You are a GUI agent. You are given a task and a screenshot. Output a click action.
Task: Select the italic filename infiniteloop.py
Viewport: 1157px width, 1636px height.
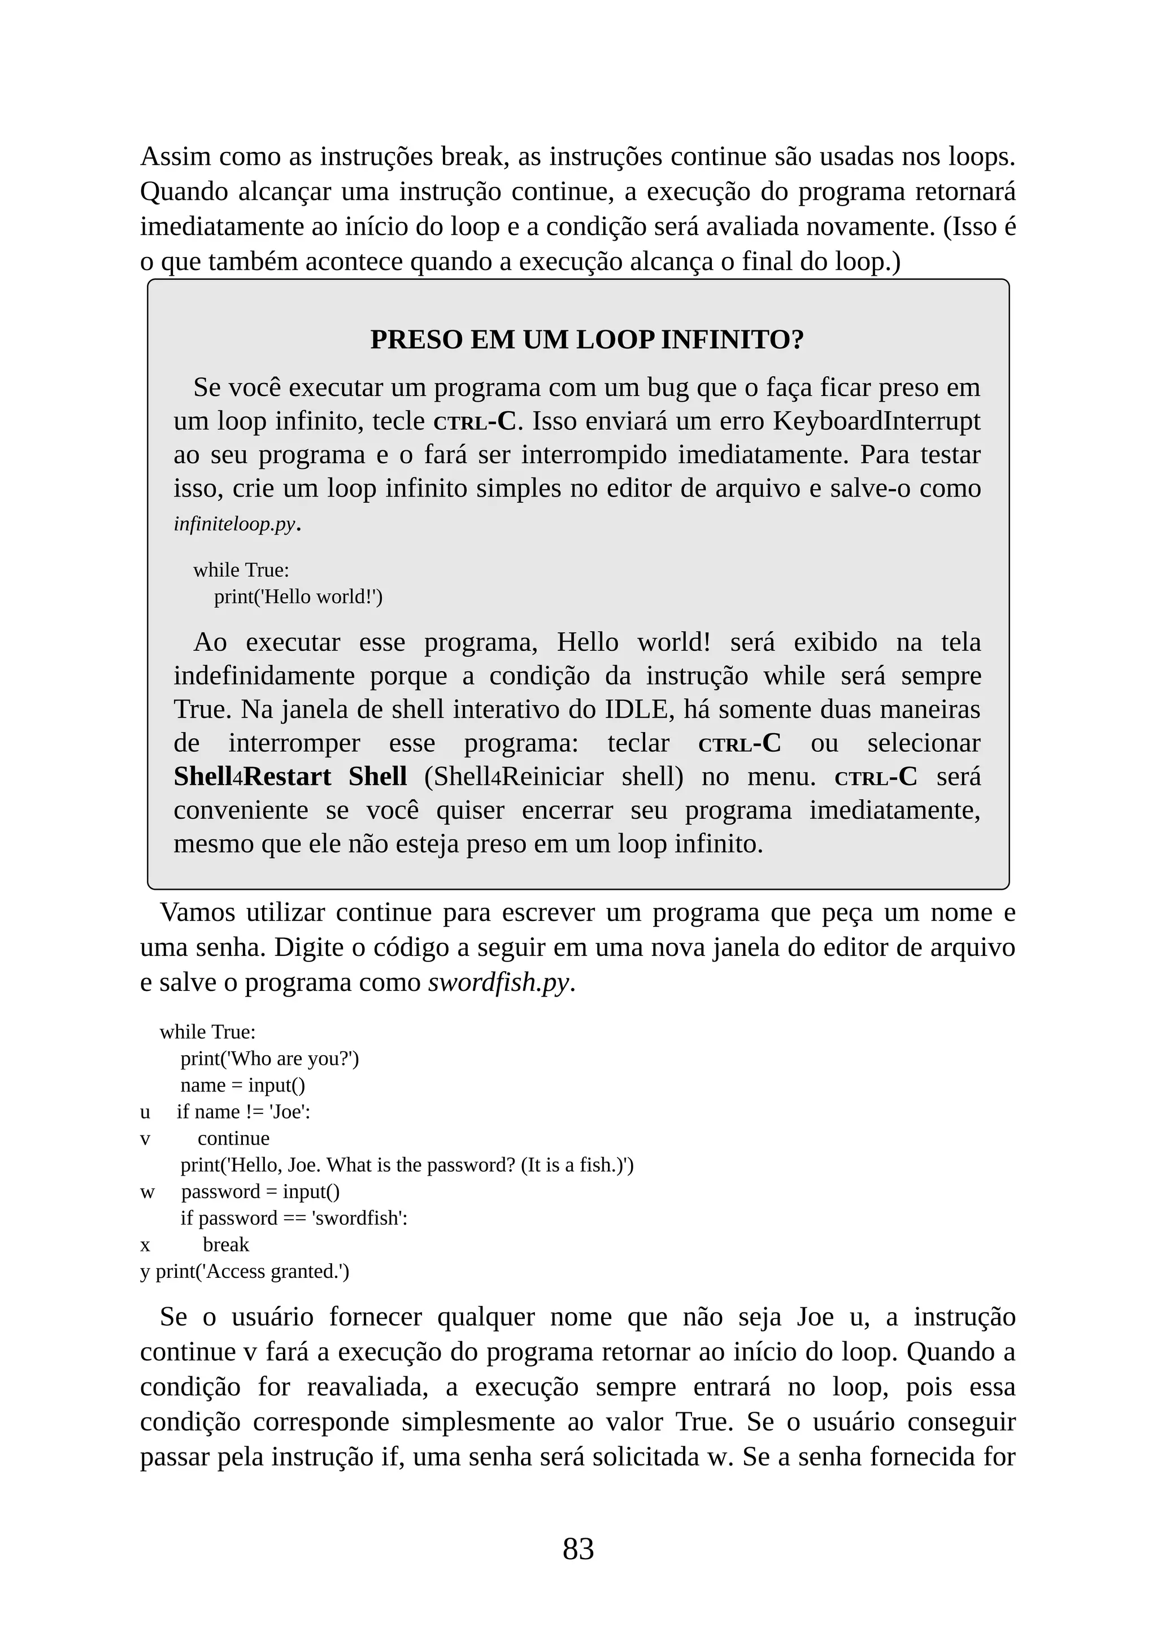(x=234, y=524)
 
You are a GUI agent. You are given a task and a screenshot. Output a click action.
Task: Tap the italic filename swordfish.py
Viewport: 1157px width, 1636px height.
(x=499, y=982)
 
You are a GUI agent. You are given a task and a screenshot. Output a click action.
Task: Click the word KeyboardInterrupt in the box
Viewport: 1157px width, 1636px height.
(x=876, y=421)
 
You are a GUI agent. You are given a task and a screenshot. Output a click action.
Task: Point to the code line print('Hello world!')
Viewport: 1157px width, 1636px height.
(x=298, y=597)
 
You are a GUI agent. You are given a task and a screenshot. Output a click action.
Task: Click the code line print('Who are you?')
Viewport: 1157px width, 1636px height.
(x=269, y=1058)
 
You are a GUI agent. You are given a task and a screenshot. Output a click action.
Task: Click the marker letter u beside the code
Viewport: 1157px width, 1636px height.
(x=145, y=1112)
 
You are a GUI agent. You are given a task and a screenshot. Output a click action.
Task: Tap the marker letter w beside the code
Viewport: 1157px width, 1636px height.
(x=147, y=1191)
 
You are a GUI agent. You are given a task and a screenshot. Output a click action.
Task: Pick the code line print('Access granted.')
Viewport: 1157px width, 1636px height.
(x=252, y=1271)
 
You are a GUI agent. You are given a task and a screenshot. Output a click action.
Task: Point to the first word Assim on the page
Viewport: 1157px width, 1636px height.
(x=175, y=156)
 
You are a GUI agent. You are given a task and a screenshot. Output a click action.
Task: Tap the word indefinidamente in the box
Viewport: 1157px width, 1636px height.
(x=264, y=676)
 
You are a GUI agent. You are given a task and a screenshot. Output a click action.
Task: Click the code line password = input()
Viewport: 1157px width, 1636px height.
(x=260, y=1191)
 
